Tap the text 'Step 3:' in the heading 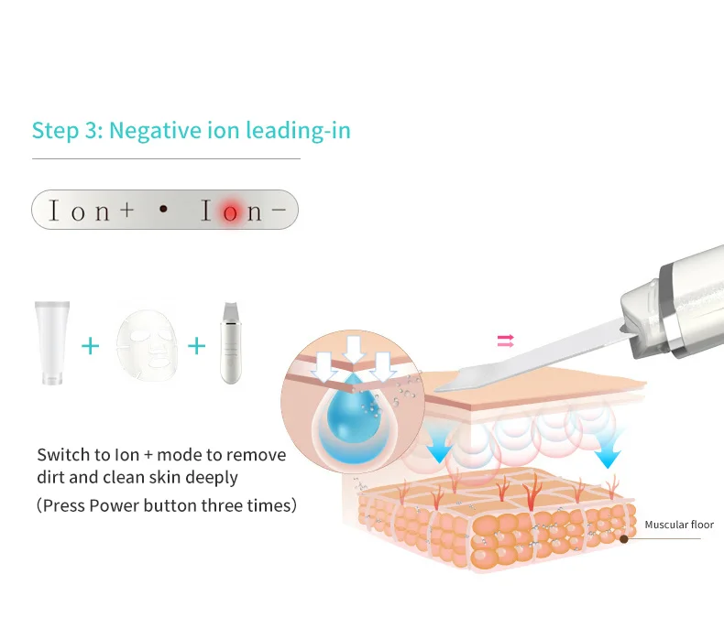(x=66, y=130)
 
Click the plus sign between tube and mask (x=90, y=347)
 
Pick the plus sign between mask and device (x=195, y=347)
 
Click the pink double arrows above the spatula (x=505, y=341)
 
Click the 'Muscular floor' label (x=679, y=525)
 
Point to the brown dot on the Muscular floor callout (x=624, y=538)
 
